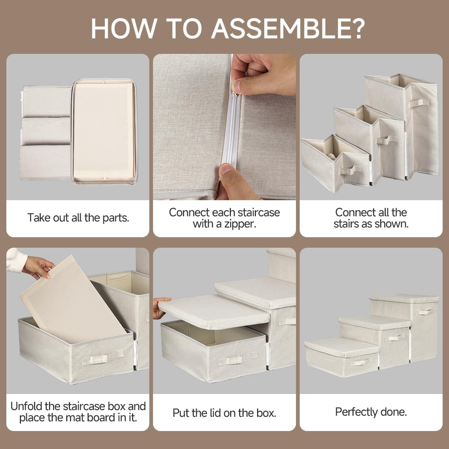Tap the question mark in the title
tap(356, 28)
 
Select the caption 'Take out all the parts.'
tap(78, 218)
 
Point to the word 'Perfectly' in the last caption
tap(356, 412)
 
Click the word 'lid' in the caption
tap(214, 413)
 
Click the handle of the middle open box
tap(385, 139)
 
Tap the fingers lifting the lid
tap(161, 307)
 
